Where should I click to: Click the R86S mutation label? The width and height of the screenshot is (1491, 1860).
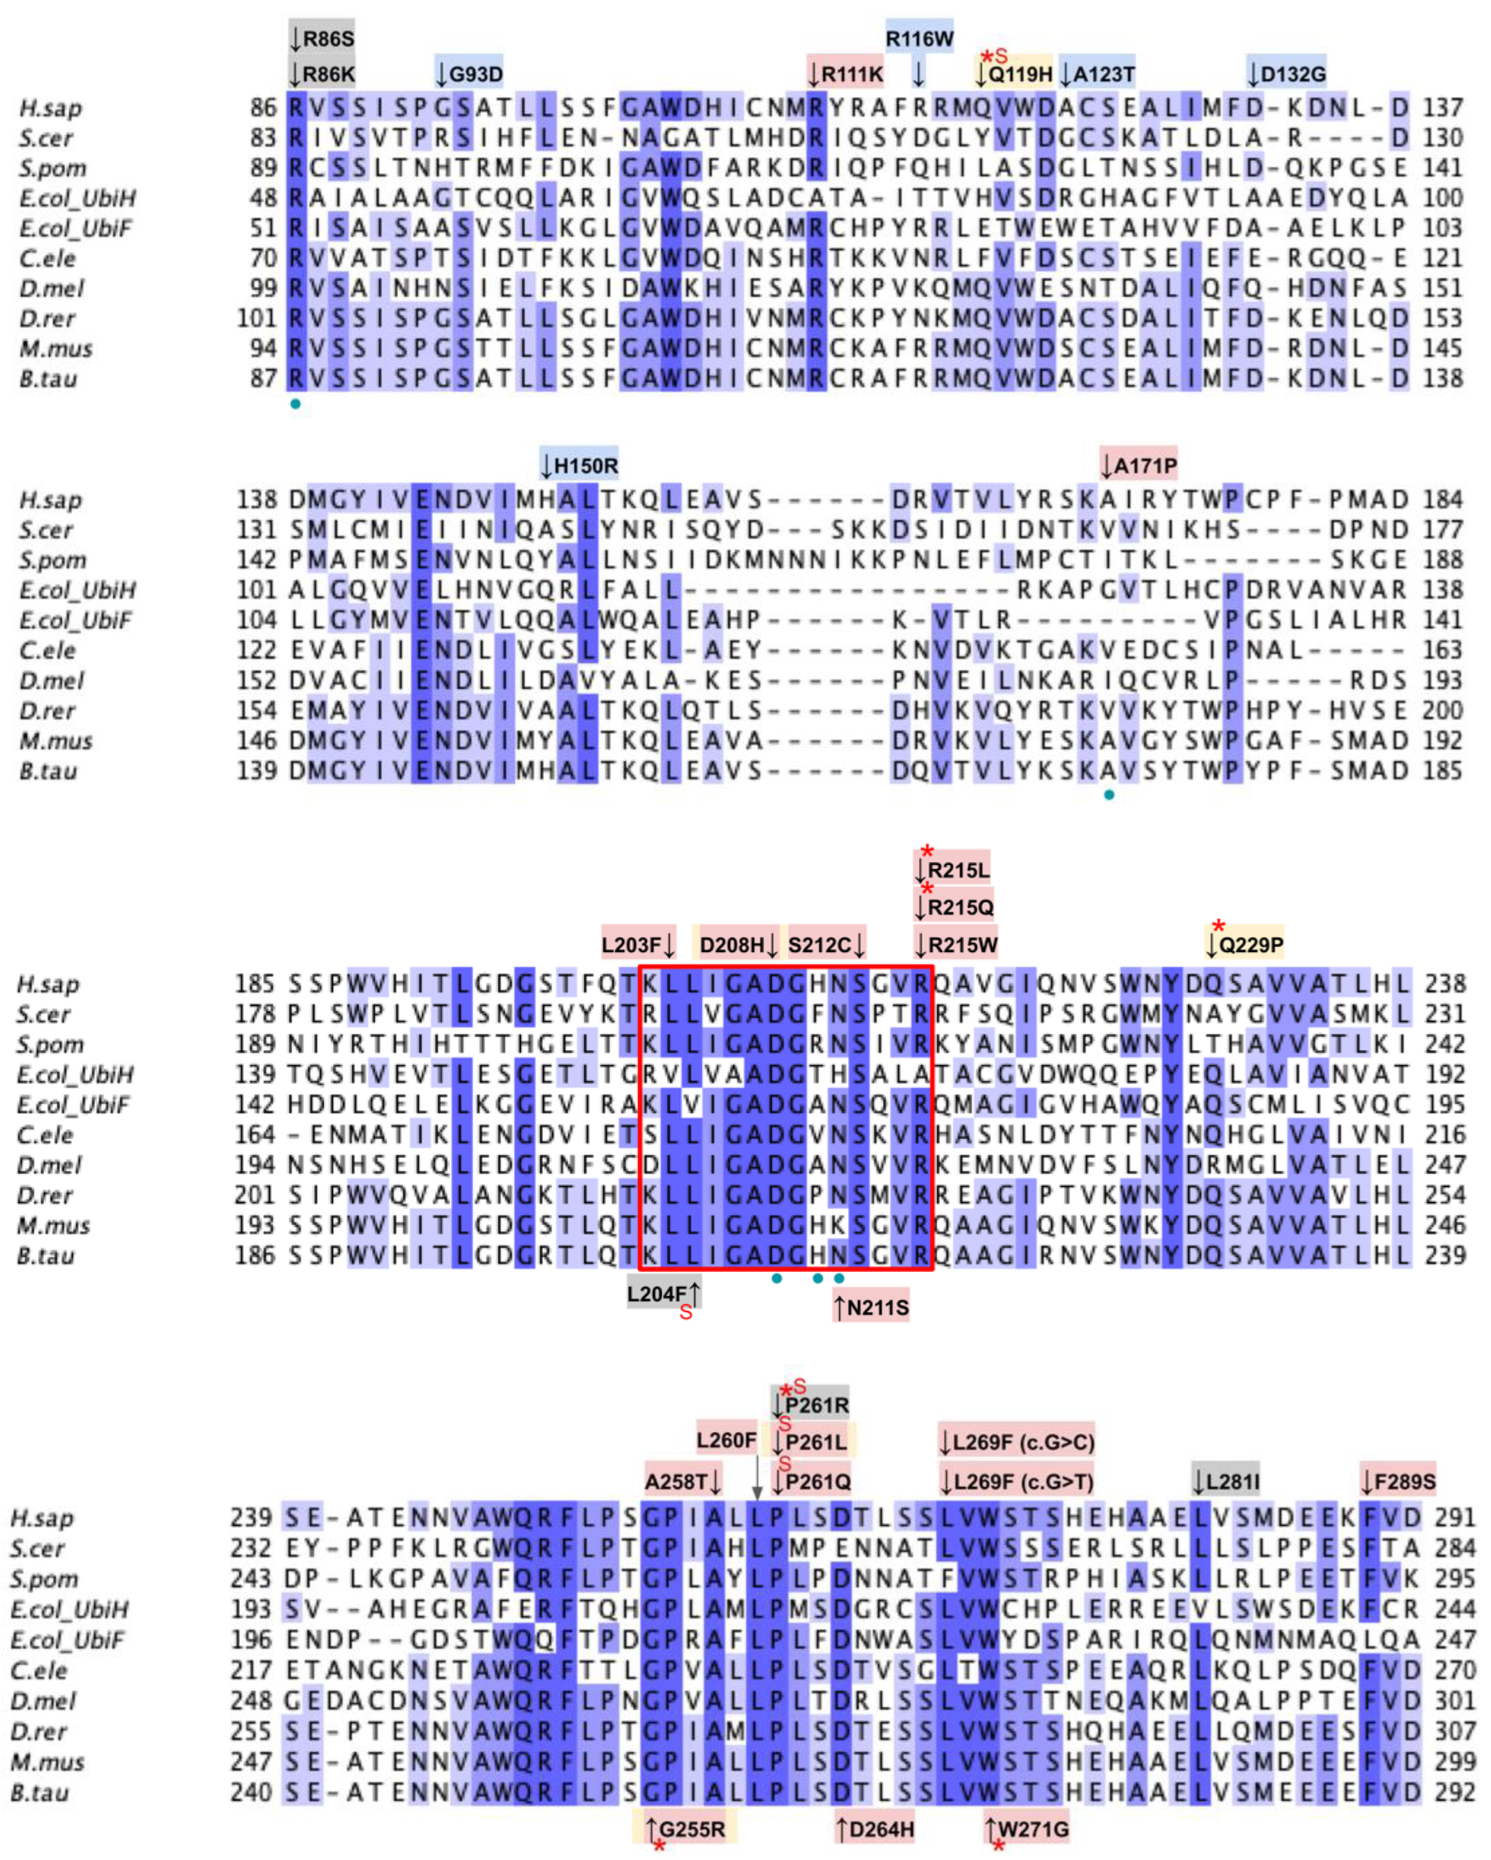322,39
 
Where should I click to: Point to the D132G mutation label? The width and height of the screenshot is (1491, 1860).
1286,74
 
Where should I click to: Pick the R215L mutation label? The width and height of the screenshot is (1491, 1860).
953,870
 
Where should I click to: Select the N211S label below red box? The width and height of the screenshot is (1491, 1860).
872,1309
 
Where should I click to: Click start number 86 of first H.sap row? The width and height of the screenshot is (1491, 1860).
263,108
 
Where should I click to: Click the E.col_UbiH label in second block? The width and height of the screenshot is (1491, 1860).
77,591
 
